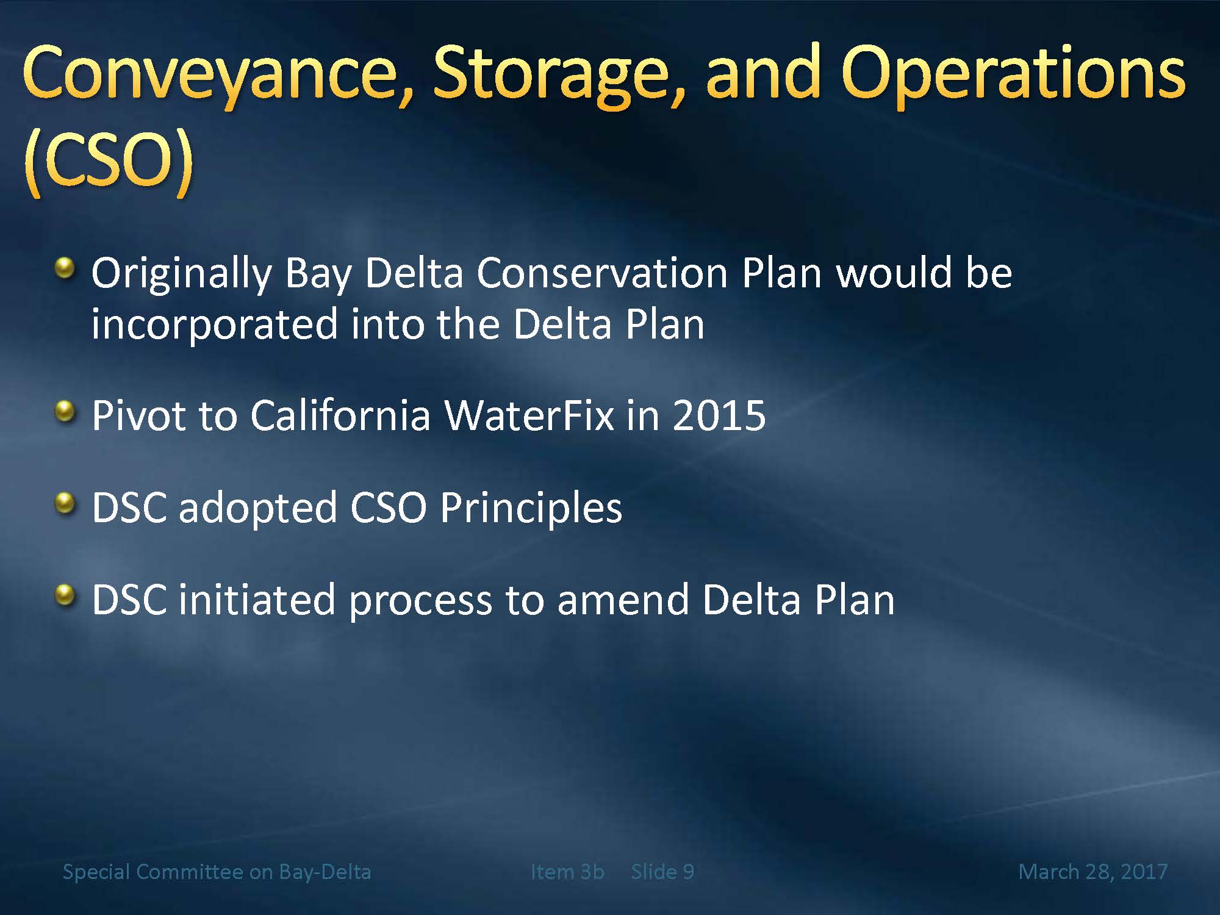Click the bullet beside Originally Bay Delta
click(65, 268)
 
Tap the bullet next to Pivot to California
click(65, 412)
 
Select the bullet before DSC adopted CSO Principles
click(65, 504)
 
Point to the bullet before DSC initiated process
click(65, 595)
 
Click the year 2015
click(719, 416)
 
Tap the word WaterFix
click(529, 416)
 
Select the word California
click(340, 416)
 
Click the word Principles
click(531, 508)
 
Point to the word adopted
click(257, 508)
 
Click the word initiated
click(257, 600)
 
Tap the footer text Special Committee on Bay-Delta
click(217, 872)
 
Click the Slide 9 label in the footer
click(662, 872)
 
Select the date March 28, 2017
click(1093, 872)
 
